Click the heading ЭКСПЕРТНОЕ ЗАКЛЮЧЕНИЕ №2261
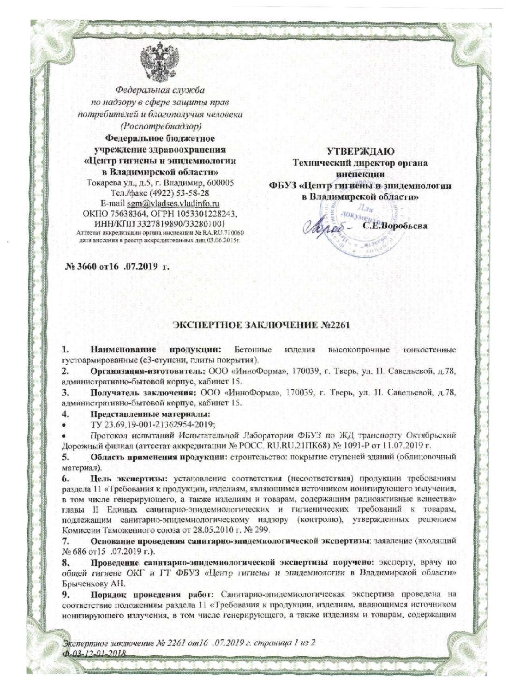point(254,324)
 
